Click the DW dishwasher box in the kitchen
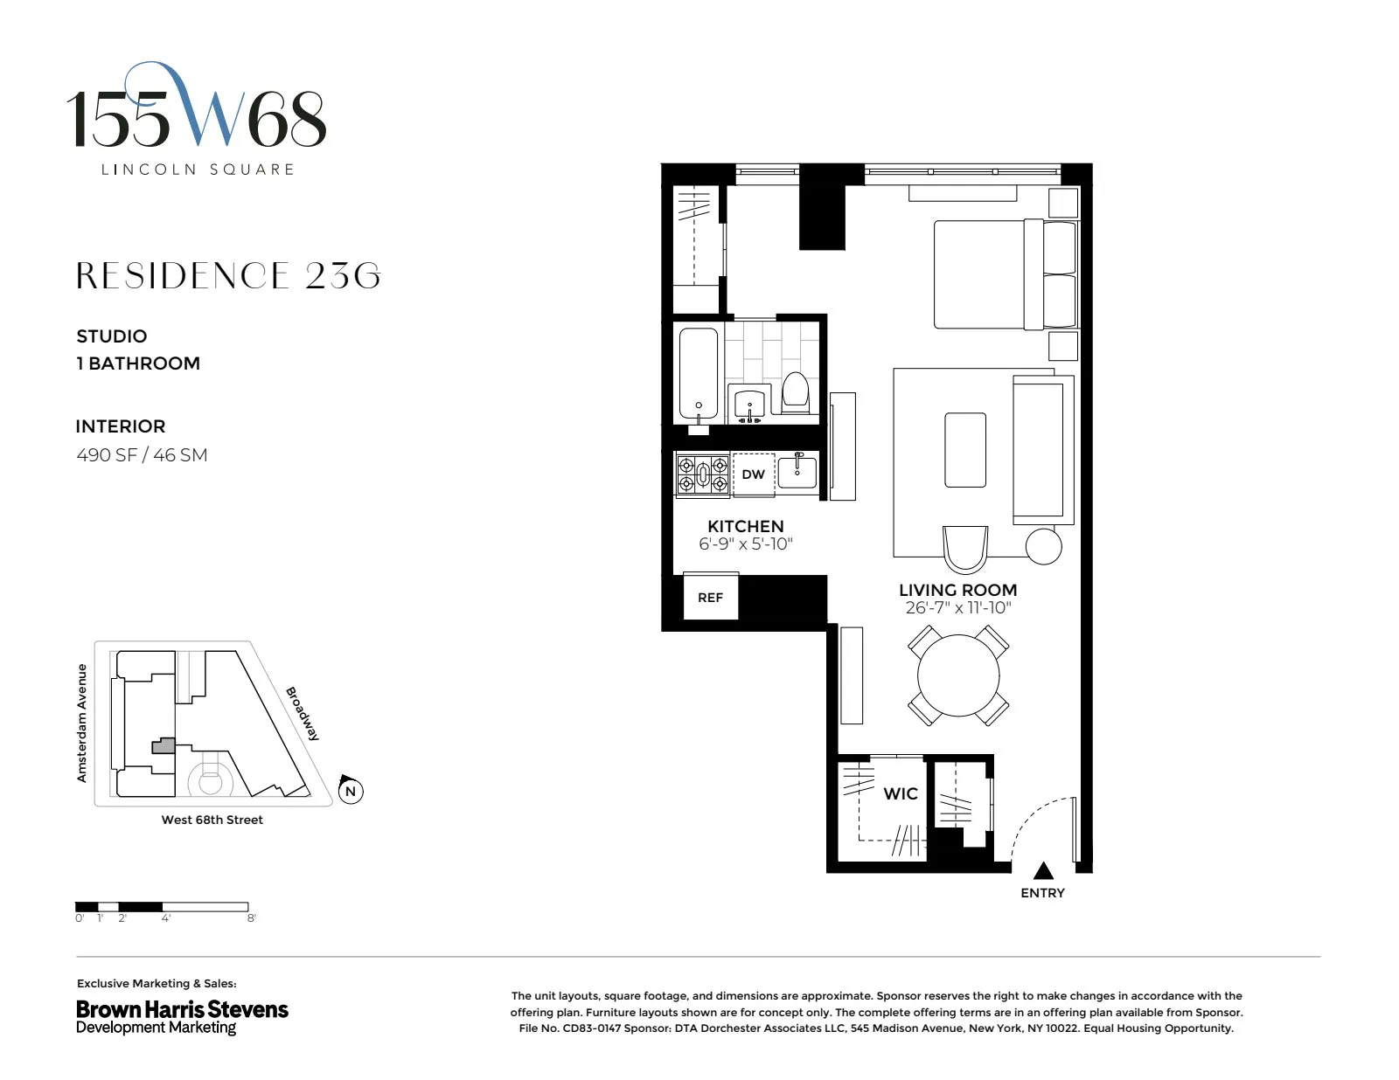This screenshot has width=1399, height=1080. (x=753, y=474)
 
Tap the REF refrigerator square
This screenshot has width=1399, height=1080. (x=710, y=598)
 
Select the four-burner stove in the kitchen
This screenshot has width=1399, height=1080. (x=703, y=475)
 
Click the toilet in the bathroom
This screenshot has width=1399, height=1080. (x=795, y=391)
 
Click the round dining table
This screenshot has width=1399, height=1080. (x=957, y=675)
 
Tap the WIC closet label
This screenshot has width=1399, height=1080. (x=900, y=793)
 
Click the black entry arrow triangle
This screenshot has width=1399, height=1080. (x=1042, y=871)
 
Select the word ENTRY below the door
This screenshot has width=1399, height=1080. (x=1042, y=893)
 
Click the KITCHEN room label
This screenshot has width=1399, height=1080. (x=745, y=526)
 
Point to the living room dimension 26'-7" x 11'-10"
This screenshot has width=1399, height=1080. (x=957, y=608)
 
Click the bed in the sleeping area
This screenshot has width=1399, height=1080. (x=979, y=274)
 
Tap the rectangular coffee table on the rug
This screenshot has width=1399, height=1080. (x=965, y=450)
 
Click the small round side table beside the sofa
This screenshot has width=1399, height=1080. (x=1043, y=547)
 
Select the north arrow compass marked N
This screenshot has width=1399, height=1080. (x=350, y=791)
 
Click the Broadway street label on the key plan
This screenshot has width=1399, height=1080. (x=303, y=714)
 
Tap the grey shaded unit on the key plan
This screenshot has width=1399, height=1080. (x=164, y=746)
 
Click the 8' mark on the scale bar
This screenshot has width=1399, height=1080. (x=251, y=918)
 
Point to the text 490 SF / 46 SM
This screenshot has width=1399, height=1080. (x=142, y=455)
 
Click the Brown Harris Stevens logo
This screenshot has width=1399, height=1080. (x=182, y=1016)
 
